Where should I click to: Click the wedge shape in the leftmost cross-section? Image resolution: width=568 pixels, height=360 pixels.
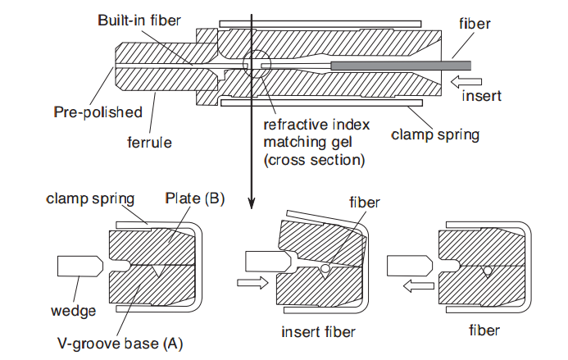(80, 266)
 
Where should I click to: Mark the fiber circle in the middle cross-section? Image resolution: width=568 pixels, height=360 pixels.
(325, 269)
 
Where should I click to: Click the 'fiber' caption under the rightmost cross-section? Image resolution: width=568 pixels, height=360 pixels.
(483, 331)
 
